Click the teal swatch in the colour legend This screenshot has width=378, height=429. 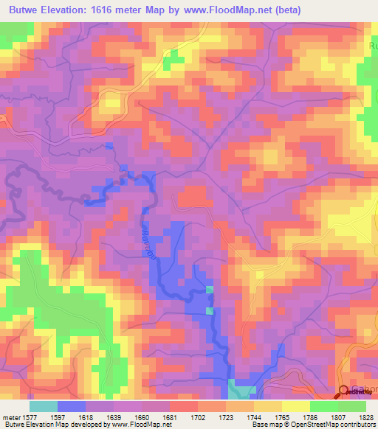43,406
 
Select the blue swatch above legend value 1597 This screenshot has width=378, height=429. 72,406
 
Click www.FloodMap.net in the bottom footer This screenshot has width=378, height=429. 134,425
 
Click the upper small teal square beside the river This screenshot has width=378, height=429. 209,289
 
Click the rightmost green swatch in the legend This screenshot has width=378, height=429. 351,406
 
